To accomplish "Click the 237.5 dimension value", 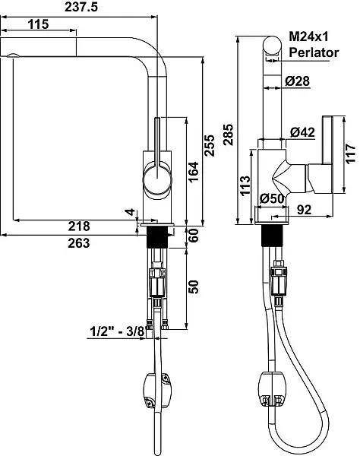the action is click(81, 7).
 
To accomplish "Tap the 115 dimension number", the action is click(38, 24).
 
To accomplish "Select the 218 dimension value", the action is click(79, 226).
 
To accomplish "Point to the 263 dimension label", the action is click(79, 243).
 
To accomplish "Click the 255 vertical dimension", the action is click(210, 145).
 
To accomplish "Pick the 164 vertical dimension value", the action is click(194, 173).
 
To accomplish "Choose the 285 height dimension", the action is click(229, 135).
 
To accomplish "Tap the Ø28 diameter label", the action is click(297, 81).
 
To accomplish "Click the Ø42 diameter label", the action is click(302, 132).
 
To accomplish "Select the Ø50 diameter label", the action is click(272, 198).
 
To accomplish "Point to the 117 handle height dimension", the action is click(351, 154).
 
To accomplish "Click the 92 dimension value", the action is click(305, 210).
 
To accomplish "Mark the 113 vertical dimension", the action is click(245, 185).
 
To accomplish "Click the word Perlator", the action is click(314, 52).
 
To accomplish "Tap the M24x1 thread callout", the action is click(308, 36).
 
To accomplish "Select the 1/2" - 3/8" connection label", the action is click(118, 331).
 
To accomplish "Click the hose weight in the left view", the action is click(157, 391).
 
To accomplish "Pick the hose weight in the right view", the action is click(272, 388).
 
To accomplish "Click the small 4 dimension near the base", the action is click(131, 212).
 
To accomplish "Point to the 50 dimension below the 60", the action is click(194, 287).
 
